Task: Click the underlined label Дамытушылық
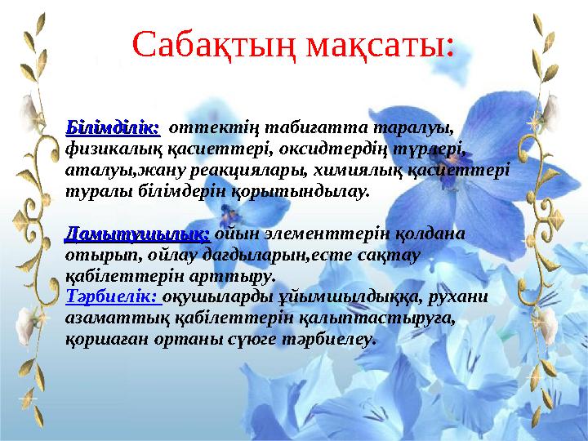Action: coord(138,234)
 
